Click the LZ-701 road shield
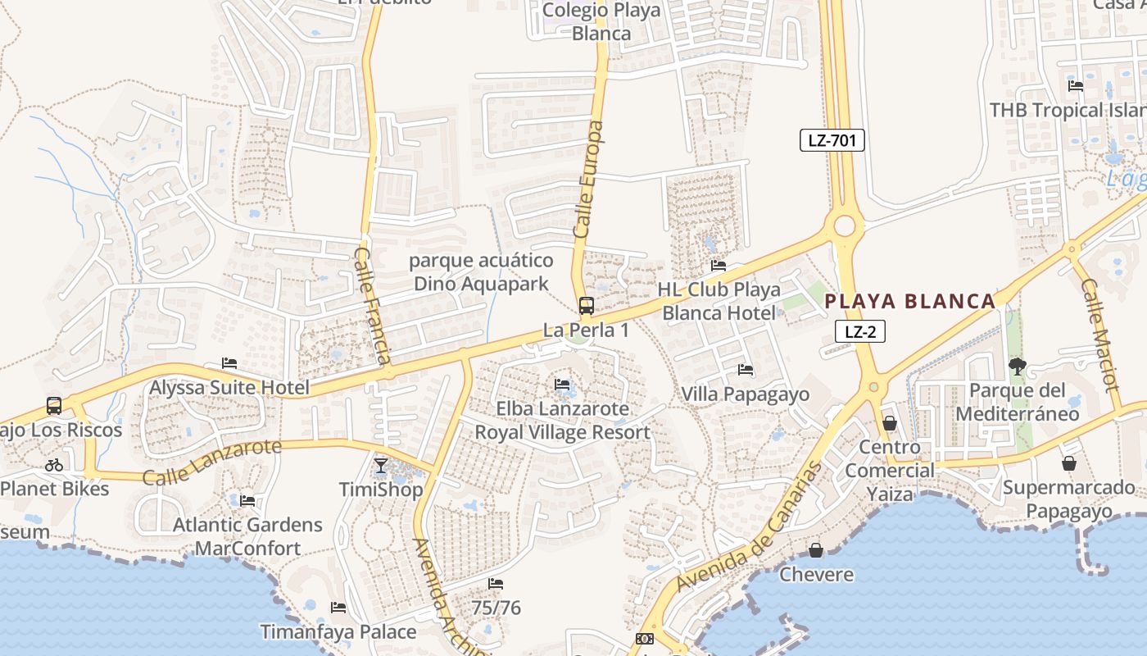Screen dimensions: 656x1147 pos(832,140)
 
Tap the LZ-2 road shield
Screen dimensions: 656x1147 pos(860,331)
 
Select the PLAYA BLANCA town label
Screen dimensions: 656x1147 pos(909,301)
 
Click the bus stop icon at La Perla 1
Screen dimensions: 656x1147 pos(587,306)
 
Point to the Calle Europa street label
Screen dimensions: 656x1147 pos(587,180)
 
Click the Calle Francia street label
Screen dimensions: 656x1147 pos(373,305)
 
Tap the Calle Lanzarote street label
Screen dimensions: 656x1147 pos(211,462)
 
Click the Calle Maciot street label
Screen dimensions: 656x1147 pos(1099,335)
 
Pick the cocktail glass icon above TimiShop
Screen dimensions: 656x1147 pos(381,466)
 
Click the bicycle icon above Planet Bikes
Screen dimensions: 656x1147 pos(54,465)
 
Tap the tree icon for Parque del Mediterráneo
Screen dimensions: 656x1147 pos(1018,366)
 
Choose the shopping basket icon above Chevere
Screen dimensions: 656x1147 pos(816,549)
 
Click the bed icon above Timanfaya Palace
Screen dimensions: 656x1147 pos(338,608)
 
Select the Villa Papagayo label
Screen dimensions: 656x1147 pos(745,394)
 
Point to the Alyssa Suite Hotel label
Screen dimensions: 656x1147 pos(229,388)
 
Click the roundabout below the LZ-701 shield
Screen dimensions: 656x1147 pos(844,225)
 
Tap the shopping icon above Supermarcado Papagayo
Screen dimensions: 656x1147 pos(1068,463)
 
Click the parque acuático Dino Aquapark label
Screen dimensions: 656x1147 pos(481,272)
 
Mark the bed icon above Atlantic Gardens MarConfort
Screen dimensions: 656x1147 pos(247,500)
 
